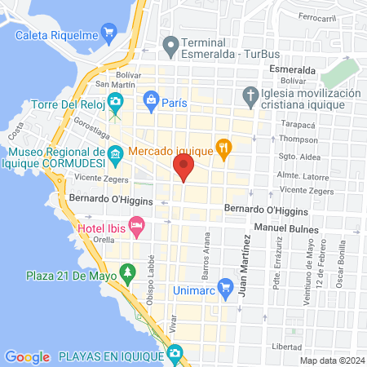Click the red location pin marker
183,169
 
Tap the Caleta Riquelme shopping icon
108,33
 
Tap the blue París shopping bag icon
151,101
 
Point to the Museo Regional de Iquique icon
116,153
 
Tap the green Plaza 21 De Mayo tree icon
126,271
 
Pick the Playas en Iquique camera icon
175,353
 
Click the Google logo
26,356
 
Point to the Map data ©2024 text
331,360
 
